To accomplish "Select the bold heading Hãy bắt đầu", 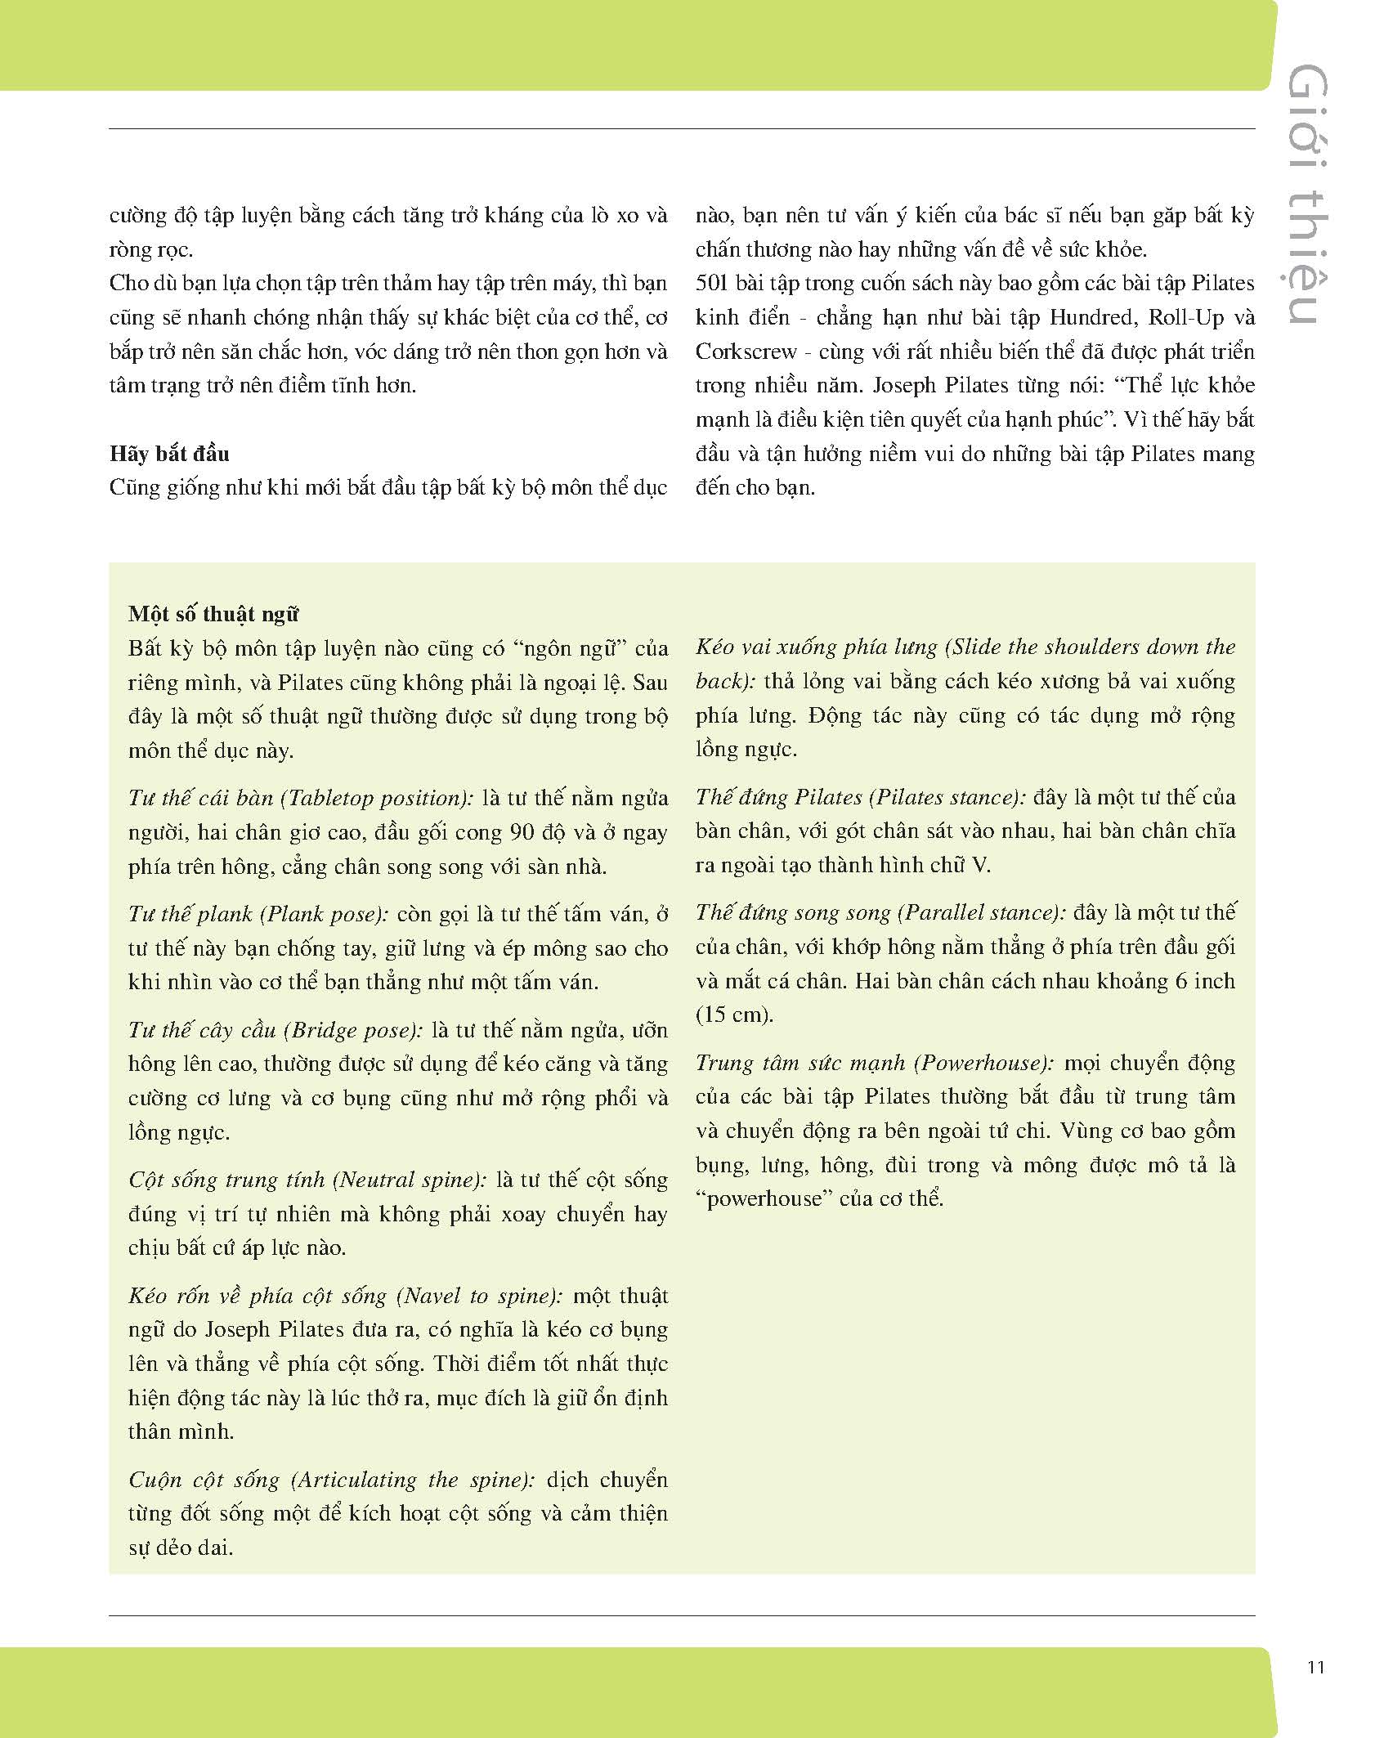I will coord(169,454).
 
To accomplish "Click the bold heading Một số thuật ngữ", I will coord(213,615).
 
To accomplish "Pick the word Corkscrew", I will coord(746,352).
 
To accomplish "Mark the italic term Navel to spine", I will coord(479,1296).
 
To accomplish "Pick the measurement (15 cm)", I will coord(734,1015).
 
